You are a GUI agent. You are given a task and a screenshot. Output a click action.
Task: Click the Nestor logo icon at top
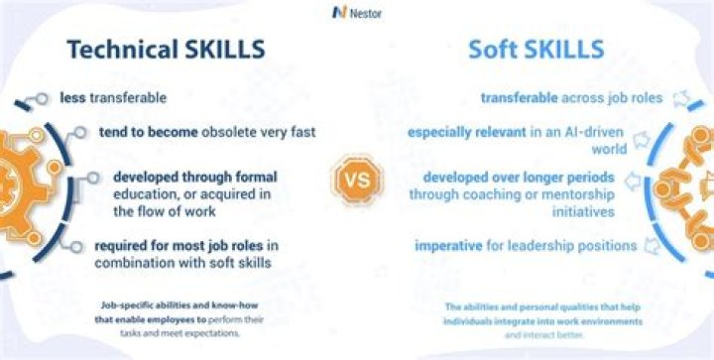pyautogui.click(x=339, y=12)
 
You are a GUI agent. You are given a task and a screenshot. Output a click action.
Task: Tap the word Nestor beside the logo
pyautogui.click(x=368, y=13)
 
